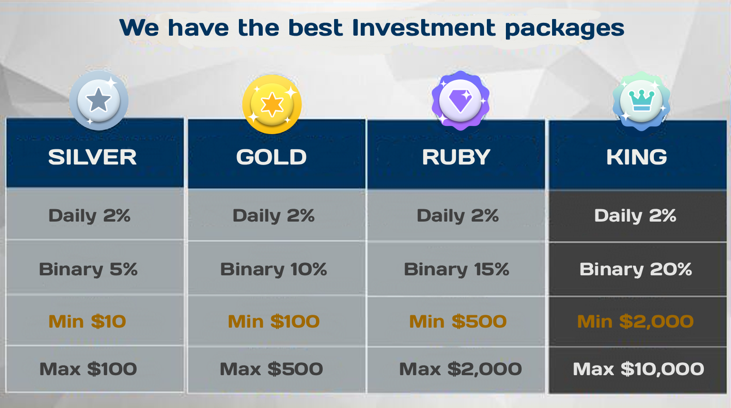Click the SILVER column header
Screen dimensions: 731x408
tap(92, 157)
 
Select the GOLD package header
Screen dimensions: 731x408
tap(272, 157)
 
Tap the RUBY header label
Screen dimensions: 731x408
tap(456, 157)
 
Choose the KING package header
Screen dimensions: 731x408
tap(637, 157)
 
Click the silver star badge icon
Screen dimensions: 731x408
tap(99, 100)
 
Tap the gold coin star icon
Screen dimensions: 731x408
tap(272, 104)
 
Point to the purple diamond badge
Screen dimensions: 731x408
tap(460, 101)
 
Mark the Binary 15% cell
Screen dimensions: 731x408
tap(456, 270)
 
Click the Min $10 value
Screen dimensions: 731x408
tap(87, 321)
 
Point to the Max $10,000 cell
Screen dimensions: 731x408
tap(639, 369)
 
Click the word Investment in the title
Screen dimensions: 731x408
tap(424, 28)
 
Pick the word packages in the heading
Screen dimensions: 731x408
tap(564, 29)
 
